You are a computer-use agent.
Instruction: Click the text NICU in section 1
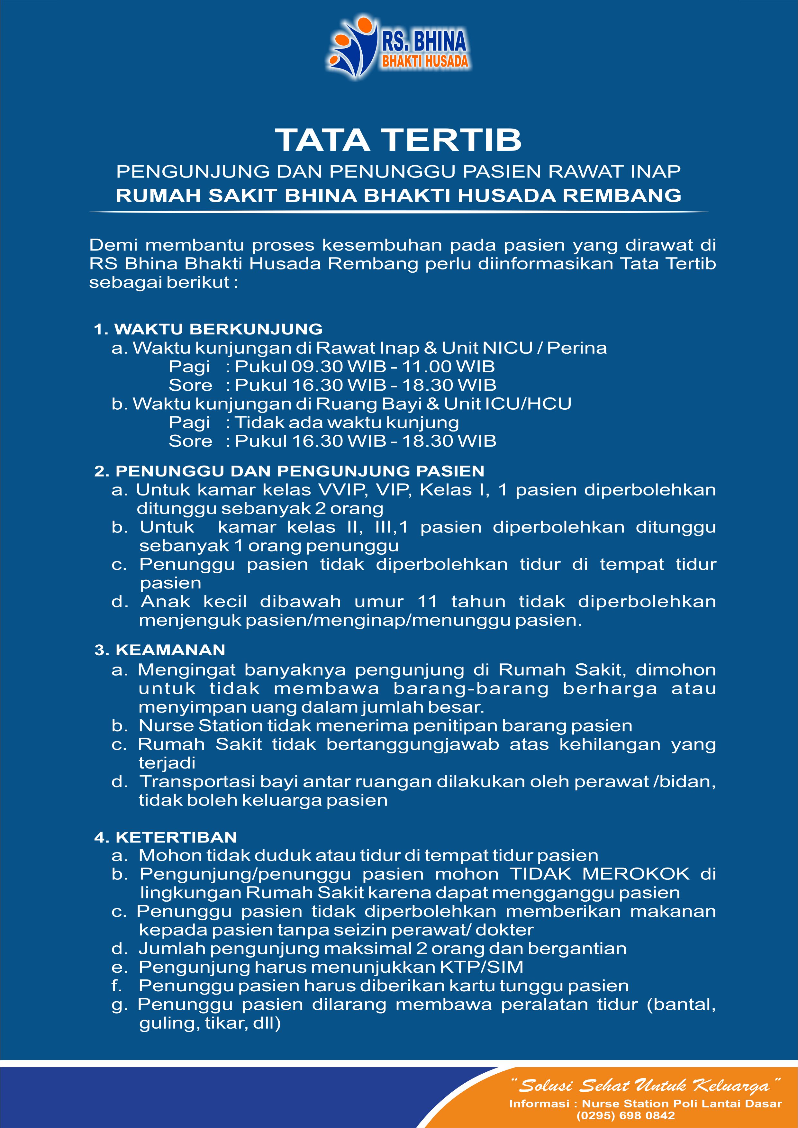coord(508,348)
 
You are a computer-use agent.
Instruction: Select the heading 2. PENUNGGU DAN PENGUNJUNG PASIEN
coord(289,471)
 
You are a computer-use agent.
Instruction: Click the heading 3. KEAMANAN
coord(160,650)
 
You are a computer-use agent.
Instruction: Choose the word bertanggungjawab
coord(413,744)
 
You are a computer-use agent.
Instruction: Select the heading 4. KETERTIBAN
coord(166,837)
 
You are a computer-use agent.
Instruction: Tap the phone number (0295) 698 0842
coord(626,1116)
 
